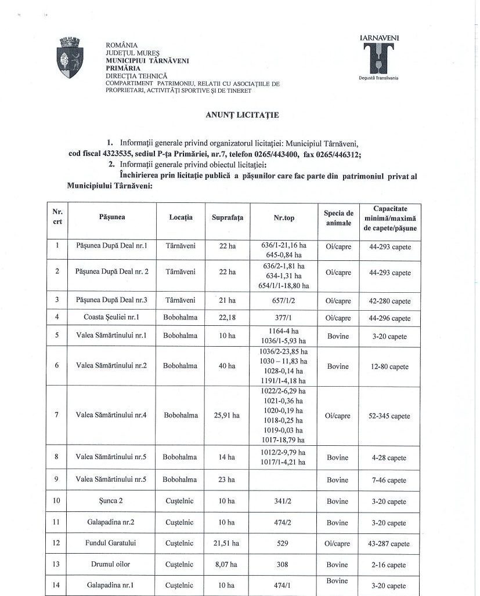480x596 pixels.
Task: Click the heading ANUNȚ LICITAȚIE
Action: tap(242, 115)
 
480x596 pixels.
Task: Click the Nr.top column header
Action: tap(284, 218)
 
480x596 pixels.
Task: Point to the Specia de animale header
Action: tap(338, 218)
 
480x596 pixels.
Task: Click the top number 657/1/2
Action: tap(284, 301)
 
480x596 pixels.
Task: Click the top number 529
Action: tap(284, 544)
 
